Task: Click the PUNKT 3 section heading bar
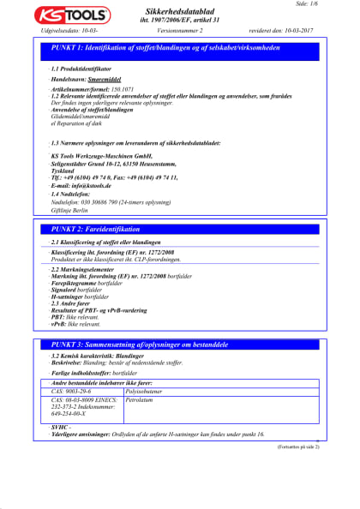180,343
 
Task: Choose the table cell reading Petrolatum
141,399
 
